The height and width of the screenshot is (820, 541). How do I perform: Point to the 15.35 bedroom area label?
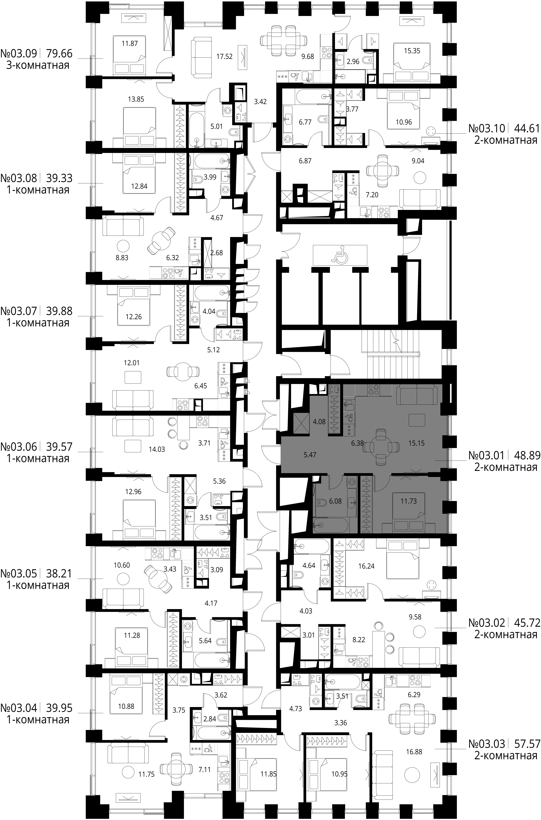[x=412, y=51]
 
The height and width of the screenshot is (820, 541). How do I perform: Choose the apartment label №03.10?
[x=487, y=128]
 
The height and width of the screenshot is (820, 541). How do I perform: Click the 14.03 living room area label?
[x=157, y=449]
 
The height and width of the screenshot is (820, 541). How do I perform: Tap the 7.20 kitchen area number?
[x=372, y=195]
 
